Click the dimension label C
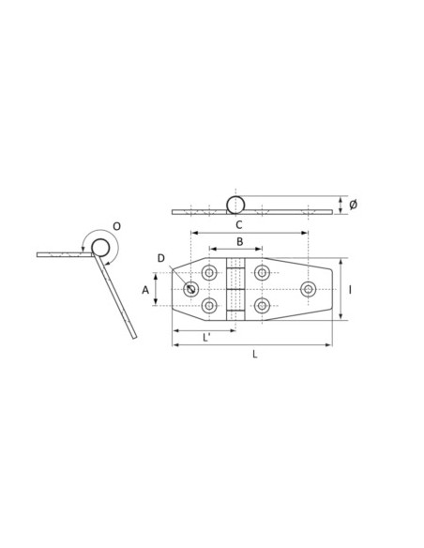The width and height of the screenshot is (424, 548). [x=238, y=224]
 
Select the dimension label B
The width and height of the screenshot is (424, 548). [x=238, y=242]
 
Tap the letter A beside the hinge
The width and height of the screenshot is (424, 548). [x=145, y=291]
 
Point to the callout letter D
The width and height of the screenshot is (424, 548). [x=161, y=259]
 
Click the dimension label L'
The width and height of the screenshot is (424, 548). [x=206, y=338]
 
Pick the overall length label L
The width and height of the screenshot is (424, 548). [x=254, y=355]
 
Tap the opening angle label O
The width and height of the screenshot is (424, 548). [x=115, y=226]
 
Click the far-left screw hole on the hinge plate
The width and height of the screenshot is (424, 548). [x=191, y=289]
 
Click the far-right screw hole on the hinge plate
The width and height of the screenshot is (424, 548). [x=308, y=289]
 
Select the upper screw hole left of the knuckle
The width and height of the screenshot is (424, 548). [x=209, y=273]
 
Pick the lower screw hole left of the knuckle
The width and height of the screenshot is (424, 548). [x=209, y=306]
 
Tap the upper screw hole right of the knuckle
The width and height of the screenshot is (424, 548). [x=262, y=273]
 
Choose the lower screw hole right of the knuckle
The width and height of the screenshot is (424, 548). [x=262, y=306]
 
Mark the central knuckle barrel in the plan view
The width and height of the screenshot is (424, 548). [x=236, y=290]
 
